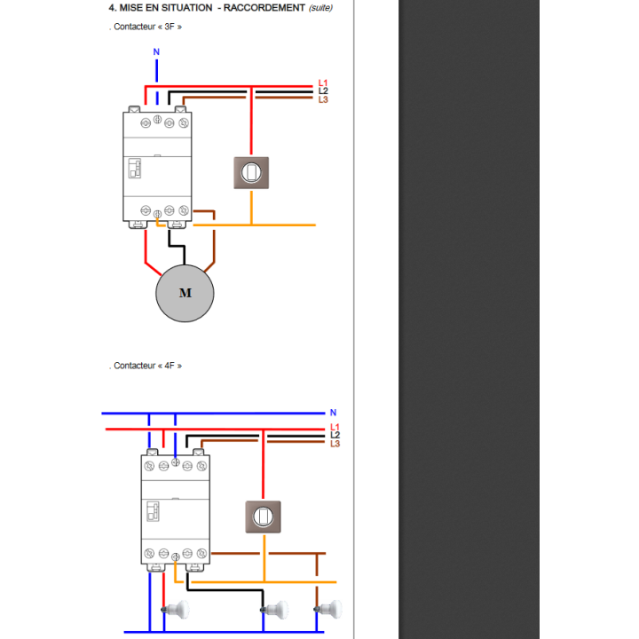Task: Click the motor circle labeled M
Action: (185, 293)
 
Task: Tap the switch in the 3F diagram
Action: (251, 173)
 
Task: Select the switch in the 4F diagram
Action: (263, 517)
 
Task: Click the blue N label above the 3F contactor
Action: (156, 51)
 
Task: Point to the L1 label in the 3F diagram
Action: (323, 83)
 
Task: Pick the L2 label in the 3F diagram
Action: (323, 91)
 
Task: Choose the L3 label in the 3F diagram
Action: (323, 99)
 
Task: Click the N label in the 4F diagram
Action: (334, 413)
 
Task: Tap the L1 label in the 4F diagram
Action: (335, 427)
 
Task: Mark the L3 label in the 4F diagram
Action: (335, 444)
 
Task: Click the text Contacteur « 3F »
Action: (147, 27)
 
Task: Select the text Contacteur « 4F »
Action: (147, 366)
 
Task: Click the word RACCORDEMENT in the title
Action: (264, 8)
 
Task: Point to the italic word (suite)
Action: (320, 8)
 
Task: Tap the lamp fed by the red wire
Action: (176, 610)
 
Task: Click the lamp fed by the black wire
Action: (274, 610)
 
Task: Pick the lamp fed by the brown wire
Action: (328, 610)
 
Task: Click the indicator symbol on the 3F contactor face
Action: (135, 169)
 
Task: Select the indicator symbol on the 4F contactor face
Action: (153, 511)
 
